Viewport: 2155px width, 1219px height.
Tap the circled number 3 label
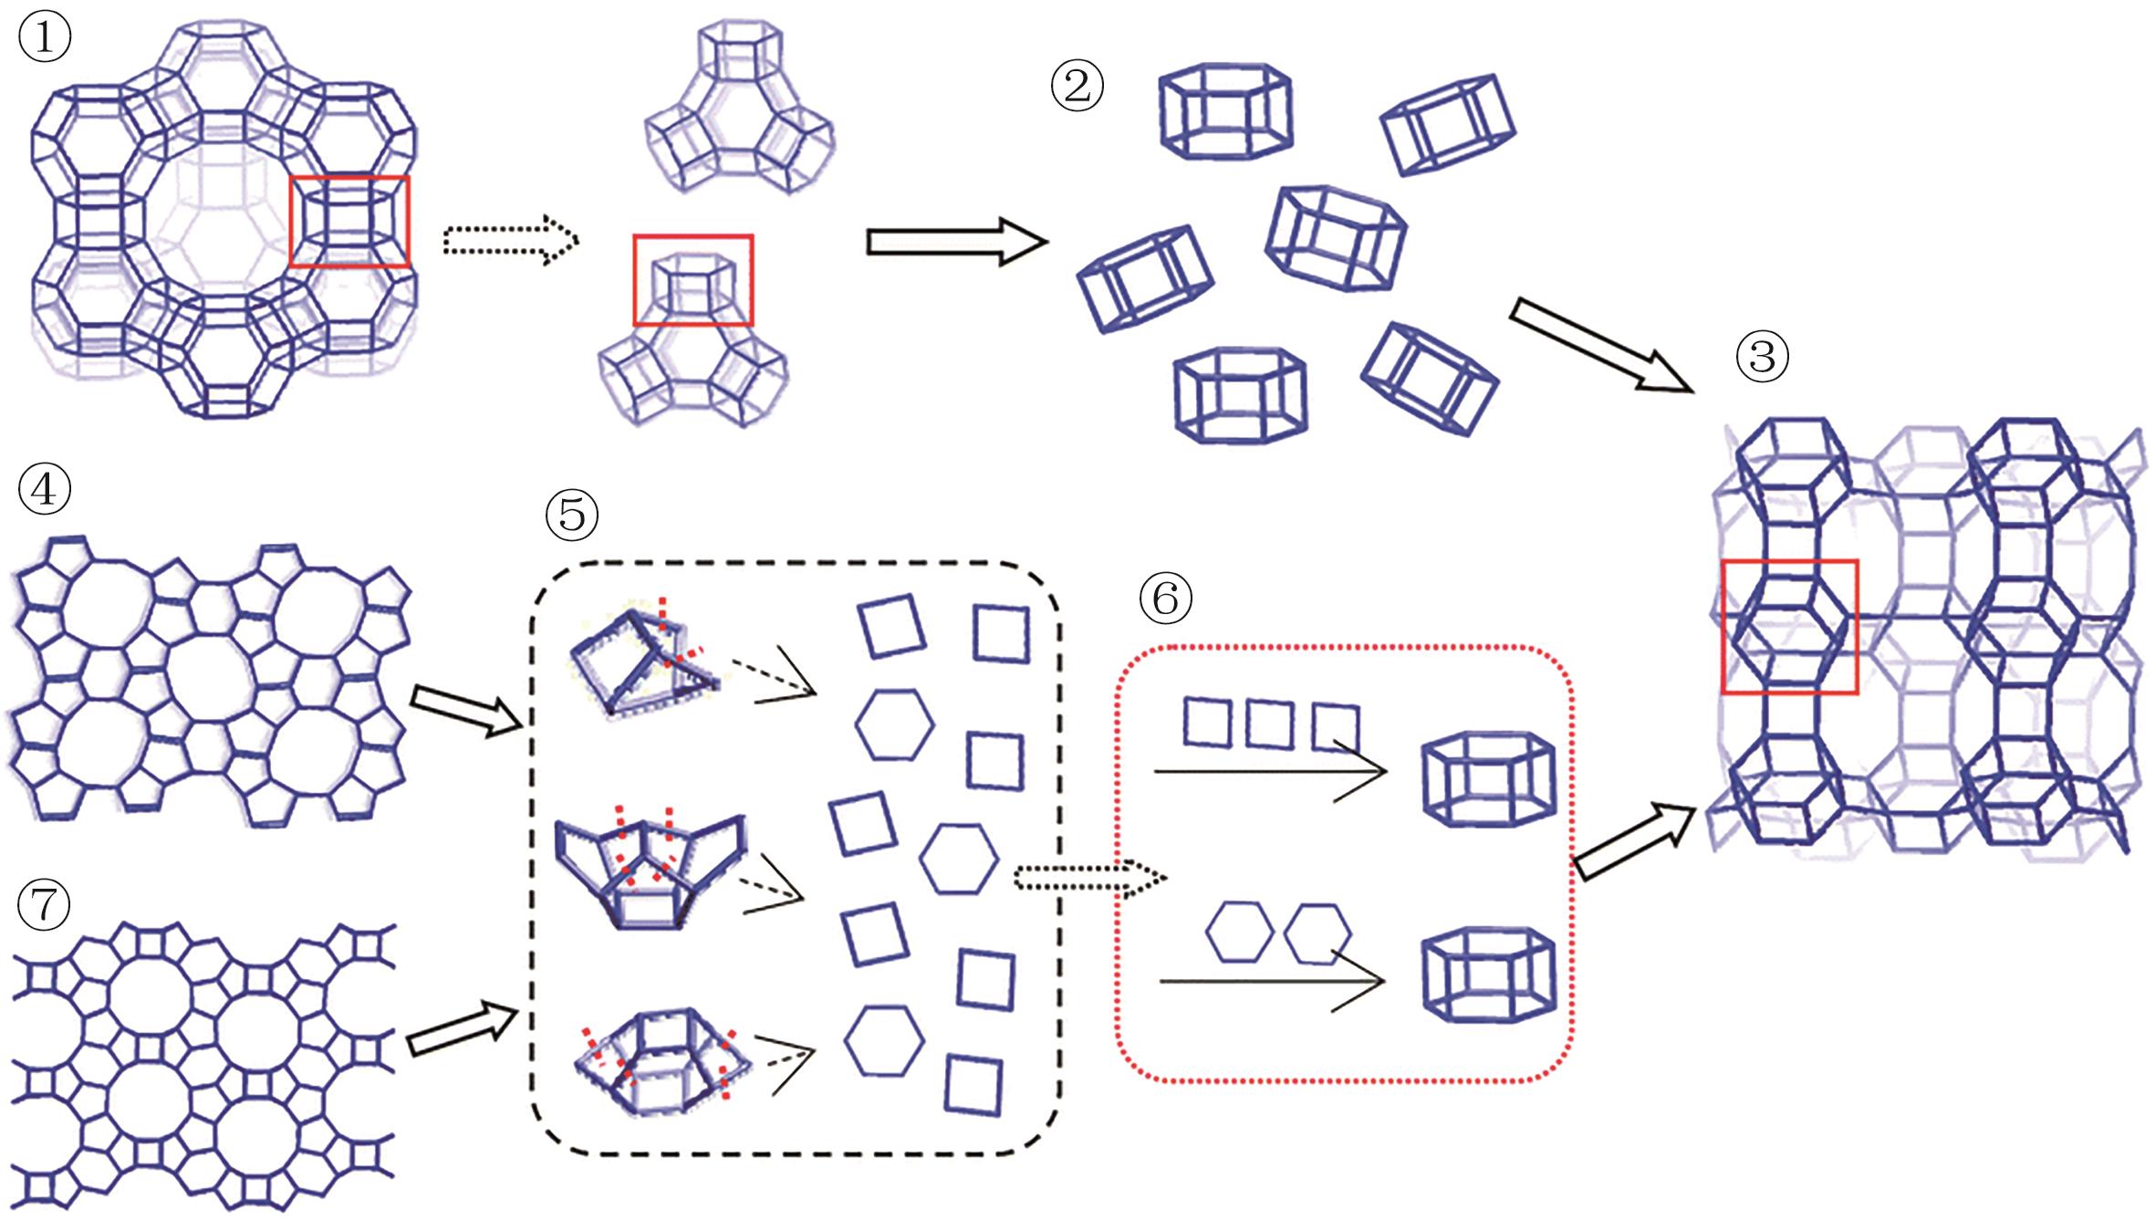tap(1762, 358)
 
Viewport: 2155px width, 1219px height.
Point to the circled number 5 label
tap(572, 515)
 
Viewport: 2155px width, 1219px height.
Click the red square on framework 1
tap(350, 222)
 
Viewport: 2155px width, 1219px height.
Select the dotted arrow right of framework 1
tap(510, 241)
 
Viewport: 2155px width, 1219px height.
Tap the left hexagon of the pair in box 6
tap(1239, 932)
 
